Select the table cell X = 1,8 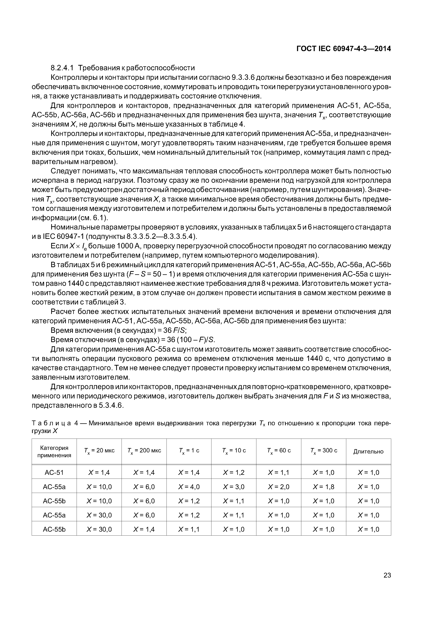(324, 487)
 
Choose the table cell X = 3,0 (234, 487)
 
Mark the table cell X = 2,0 (279, 487)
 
